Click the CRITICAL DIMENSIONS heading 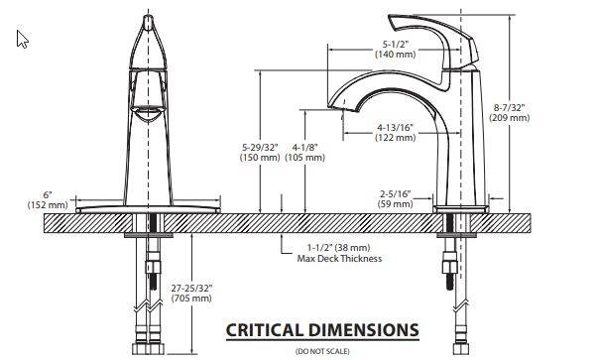tap(322, 330)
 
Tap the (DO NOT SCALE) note tap(322, 351)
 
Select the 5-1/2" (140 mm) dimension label tap(395, 50)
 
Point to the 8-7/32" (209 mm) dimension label tap(510, 113)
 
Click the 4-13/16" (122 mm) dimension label tap(395, 132)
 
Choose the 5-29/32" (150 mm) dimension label tap(260, 152)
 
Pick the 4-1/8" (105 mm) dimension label tap(305, 152)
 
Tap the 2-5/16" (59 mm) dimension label tap(395, 199)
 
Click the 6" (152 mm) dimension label tap(48, 199)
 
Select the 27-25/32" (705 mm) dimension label tap(191, 293)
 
